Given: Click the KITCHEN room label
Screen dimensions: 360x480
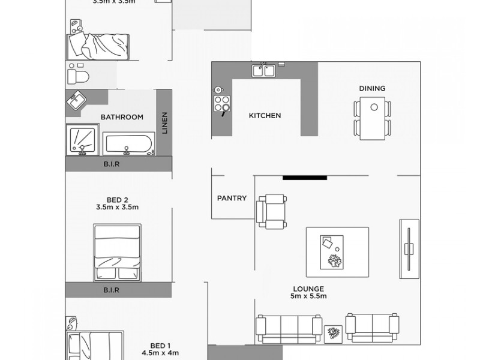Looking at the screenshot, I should [x=265, y=116].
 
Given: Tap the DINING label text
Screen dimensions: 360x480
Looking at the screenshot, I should [x=372, y=88].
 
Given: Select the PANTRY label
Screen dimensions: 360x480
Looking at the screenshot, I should [x=232, y=198].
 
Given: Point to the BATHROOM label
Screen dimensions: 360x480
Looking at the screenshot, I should [x=122, y=117].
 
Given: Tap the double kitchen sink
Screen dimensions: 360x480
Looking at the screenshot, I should [x=263, y=71].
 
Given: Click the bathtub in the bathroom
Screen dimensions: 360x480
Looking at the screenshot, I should [x=129, y=144].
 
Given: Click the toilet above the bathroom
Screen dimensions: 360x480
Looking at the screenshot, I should [x=78, y=76].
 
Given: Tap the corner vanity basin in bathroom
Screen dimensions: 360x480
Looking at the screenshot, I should [x=76, y=101].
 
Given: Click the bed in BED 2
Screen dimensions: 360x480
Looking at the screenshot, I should [x=119, y=253].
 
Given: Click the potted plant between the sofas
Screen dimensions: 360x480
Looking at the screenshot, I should [x=332, y=334].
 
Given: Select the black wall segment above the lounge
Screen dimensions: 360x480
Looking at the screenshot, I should [x=304, y=177].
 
